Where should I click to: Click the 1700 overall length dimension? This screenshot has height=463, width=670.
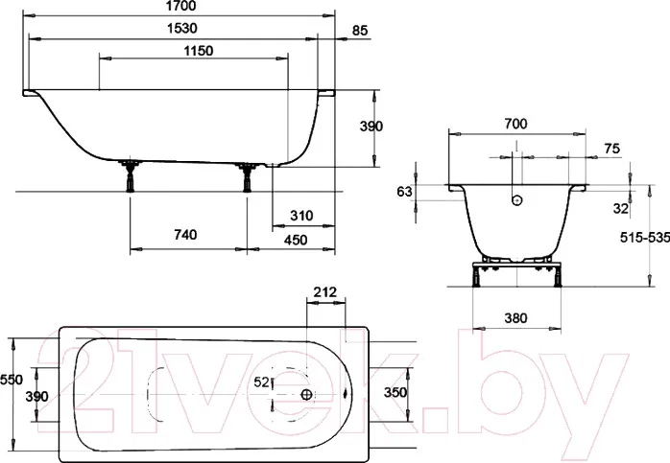[179, 6]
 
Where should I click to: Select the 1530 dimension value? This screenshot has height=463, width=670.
[182, 28]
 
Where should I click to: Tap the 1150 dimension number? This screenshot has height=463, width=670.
[199, 51]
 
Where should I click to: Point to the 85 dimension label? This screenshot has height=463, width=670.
[360, 31]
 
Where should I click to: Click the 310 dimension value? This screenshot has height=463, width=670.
[301, 216]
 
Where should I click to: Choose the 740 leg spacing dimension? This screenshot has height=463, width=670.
[185, 234]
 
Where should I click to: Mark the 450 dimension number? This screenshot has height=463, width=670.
[296, 240]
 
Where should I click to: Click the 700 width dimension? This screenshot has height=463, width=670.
[515, 124]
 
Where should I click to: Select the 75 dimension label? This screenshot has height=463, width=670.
[611, 149]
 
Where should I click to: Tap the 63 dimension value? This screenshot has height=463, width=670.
[404, 192]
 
